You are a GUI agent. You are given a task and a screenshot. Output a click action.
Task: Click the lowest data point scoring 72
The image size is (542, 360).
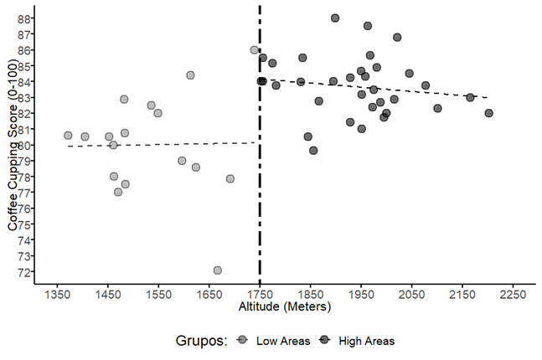coord(218,270)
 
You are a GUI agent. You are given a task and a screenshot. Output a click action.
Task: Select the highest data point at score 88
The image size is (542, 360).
coord(335,18)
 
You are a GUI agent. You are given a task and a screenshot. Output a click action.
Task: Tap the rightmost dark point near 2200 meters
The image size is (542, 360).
coord(489,113)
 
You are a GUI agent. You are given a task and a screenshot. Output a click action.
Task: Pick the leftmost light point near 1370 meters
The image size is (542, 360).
coord(68,136)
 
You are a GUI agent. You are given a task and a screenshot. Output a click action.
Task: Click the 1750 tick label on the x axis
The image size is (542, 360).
coord(260,296)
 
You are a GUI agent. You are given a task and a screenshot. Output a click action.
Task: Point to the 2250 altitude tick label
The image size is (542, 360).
coord(513,296)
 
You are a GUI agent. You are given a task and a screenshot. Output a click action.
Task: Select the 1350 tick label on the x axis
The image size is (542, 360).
coord(57,296)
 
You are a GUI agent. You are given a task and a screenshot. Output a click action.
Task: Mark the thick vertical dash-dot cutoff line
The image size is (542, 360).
coord(260,209)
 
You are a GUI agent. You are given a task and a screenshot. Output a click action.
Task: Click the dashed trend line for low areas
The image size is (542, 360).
coord(159,144)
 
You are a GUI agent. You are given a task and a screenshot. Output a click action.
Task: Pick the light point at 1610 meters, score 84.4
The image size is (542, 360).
coord(190,75)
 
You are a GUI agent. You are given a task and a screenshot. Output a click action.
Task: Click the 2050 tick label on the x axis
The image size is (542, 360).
coord(411,296)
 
